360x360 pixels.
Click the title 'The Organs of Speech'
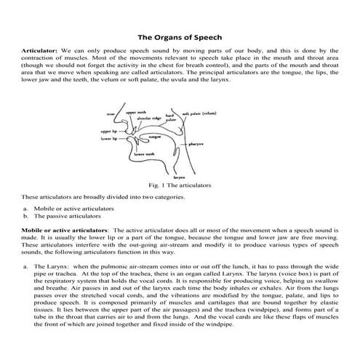[x=180, y=36]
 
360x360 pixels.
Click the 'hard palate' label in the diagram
[x=169, y=118]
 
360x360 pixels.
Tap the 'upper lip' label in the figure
[x=109, y=132]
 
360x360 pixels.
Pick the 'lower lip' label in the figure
[x=109, y=138]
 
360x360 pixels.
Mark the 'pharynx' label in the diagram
[x=196, y=145]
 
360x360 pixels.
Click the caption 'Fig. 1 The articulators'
[x=179, y=185]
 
